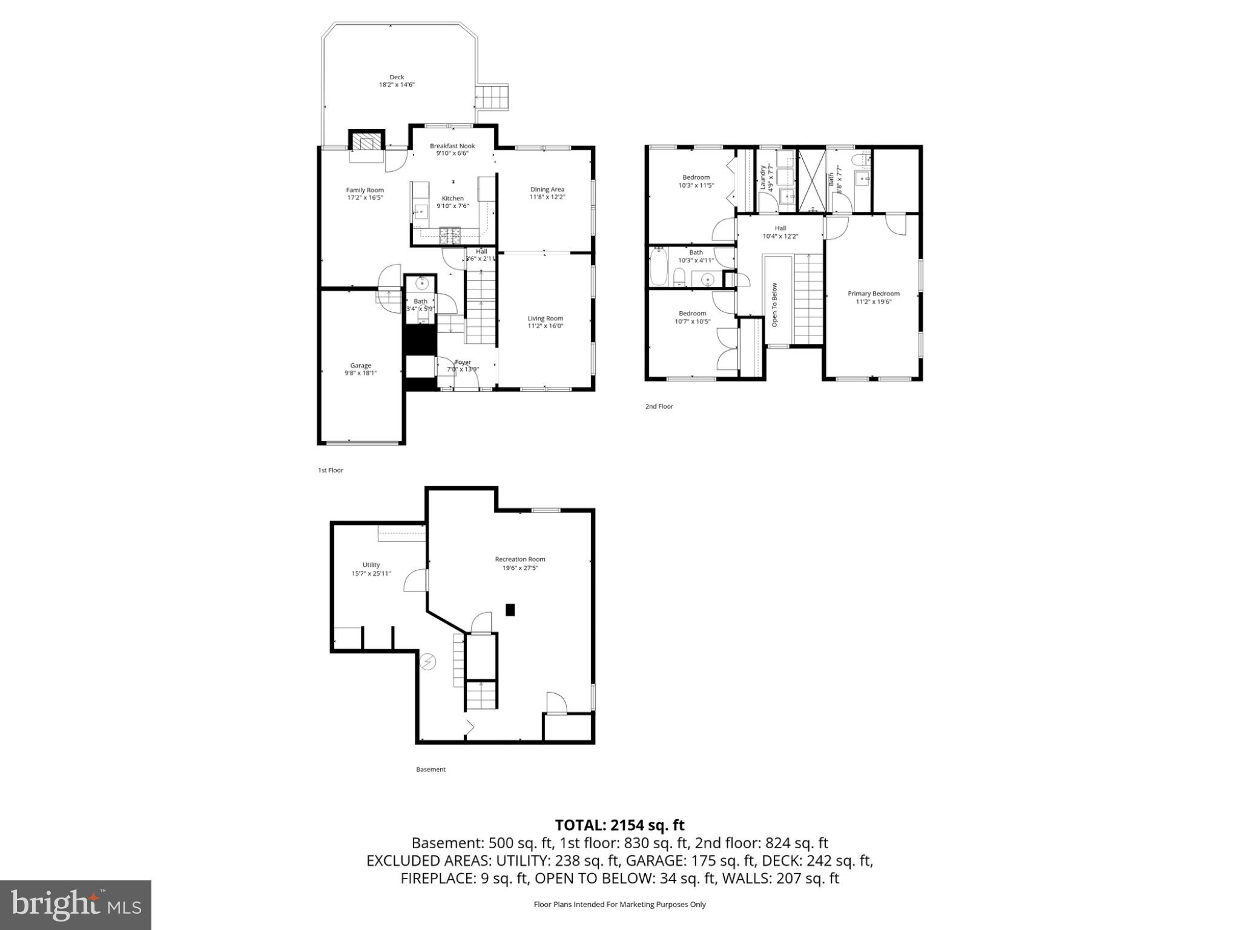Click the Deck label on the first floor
(x=397, y=77)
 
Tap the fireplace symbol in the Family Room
(x=366, y=143)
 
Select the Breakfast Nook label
(x=452, y=146)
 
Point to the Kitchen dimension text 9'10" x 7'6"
(x=452, y=206)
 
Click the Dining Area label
(x=547, y=190)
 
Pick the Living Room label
(x=545, y=318)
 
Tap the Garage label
(x=360, y=366)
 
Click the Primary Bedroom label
(x=873, y=294)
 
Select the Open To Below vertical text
(x=774, y=305)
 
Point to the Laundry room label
(x=762, y=177)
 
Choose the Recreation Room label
(x=519, y=559)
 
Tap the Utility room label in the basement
(x=371, y=565)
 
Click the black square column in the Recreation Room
(x=510, y=610)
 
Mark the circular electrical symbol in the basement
(x=428, y=662)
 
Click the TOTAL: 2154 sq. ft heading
(x=619, y=825)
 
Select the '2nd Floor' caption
(x=659, y=406)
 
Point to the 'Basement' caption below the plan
(x=430, y=770)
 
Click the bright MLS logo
(x=76, y=905)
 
